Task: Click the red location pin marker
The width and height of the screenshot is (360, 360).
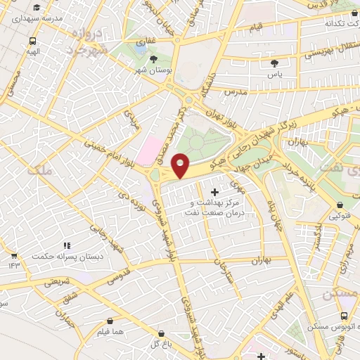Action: [x=181, y=166]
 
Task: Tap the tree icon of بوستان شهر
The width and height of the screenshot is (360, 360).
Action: [x=154, y=59]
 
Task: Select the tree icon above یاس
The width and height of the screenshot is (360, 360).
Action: [x=274, y=64]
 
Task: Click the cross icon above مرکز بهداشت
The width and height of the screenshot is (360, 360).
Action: [x=214, y=192]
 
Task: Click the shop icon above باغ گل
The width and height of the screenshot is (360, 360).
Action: [x=162, y=333]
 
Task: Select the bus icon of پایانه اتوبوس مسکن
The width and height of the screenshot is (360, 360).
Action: [x=345, y=316]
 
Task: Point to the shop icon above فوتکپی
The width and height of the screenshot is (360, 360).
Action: [x=341, y=205]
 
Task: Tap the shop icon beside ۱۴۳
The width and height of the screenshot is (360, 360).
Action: [x=13, y=255]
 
